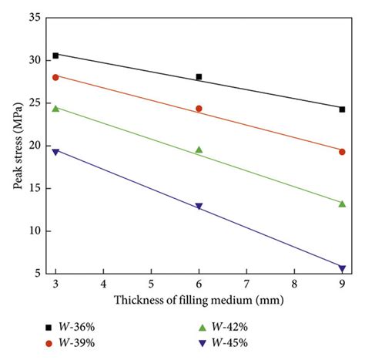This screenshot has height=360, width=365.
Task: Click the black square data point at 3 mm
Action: pyautogui.click(x=55, y=56)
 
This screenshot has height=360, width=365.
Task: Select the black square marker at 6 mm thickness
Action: pyautogui.click(x=199, y=76)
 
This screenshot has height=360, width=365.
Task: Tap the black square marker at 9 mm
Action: pyautogui.click(x=342, y=109)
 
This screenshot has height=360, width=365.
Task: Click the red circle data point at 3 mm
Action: pyautogui.click(x=55, y=77)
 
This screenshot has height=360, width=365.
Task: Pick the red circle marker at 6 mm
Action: pyautogui.click(x=199, y=109)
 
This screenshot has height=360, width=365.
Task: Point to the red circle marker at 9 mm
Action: pyautogui.click(x=342, y=152)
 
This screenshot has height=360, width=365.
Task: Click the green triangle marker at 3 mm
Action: pyautogui.click(x=55, y=109)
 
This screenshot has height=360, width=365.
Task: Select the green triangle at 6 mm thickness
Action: pyautogui.click(x=199, y=150)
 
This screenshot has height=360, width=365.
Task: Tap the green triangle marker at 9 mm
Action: pyautogui.click(x=342, y=203)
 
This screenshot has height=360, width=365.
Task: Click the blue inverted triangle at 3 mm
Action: pyautogui.click(x=55, y=153)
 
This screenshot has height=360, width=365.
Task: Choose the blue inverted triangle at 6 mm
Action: pyautogui.click(x=199, y=207)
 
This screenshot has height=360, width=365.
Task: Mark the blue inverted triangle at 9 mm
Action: pyautogui.click(x=342, y=268)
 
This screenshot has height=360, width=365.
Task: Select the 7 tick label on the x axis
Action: pyautogui.click(x=246, y=284)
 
